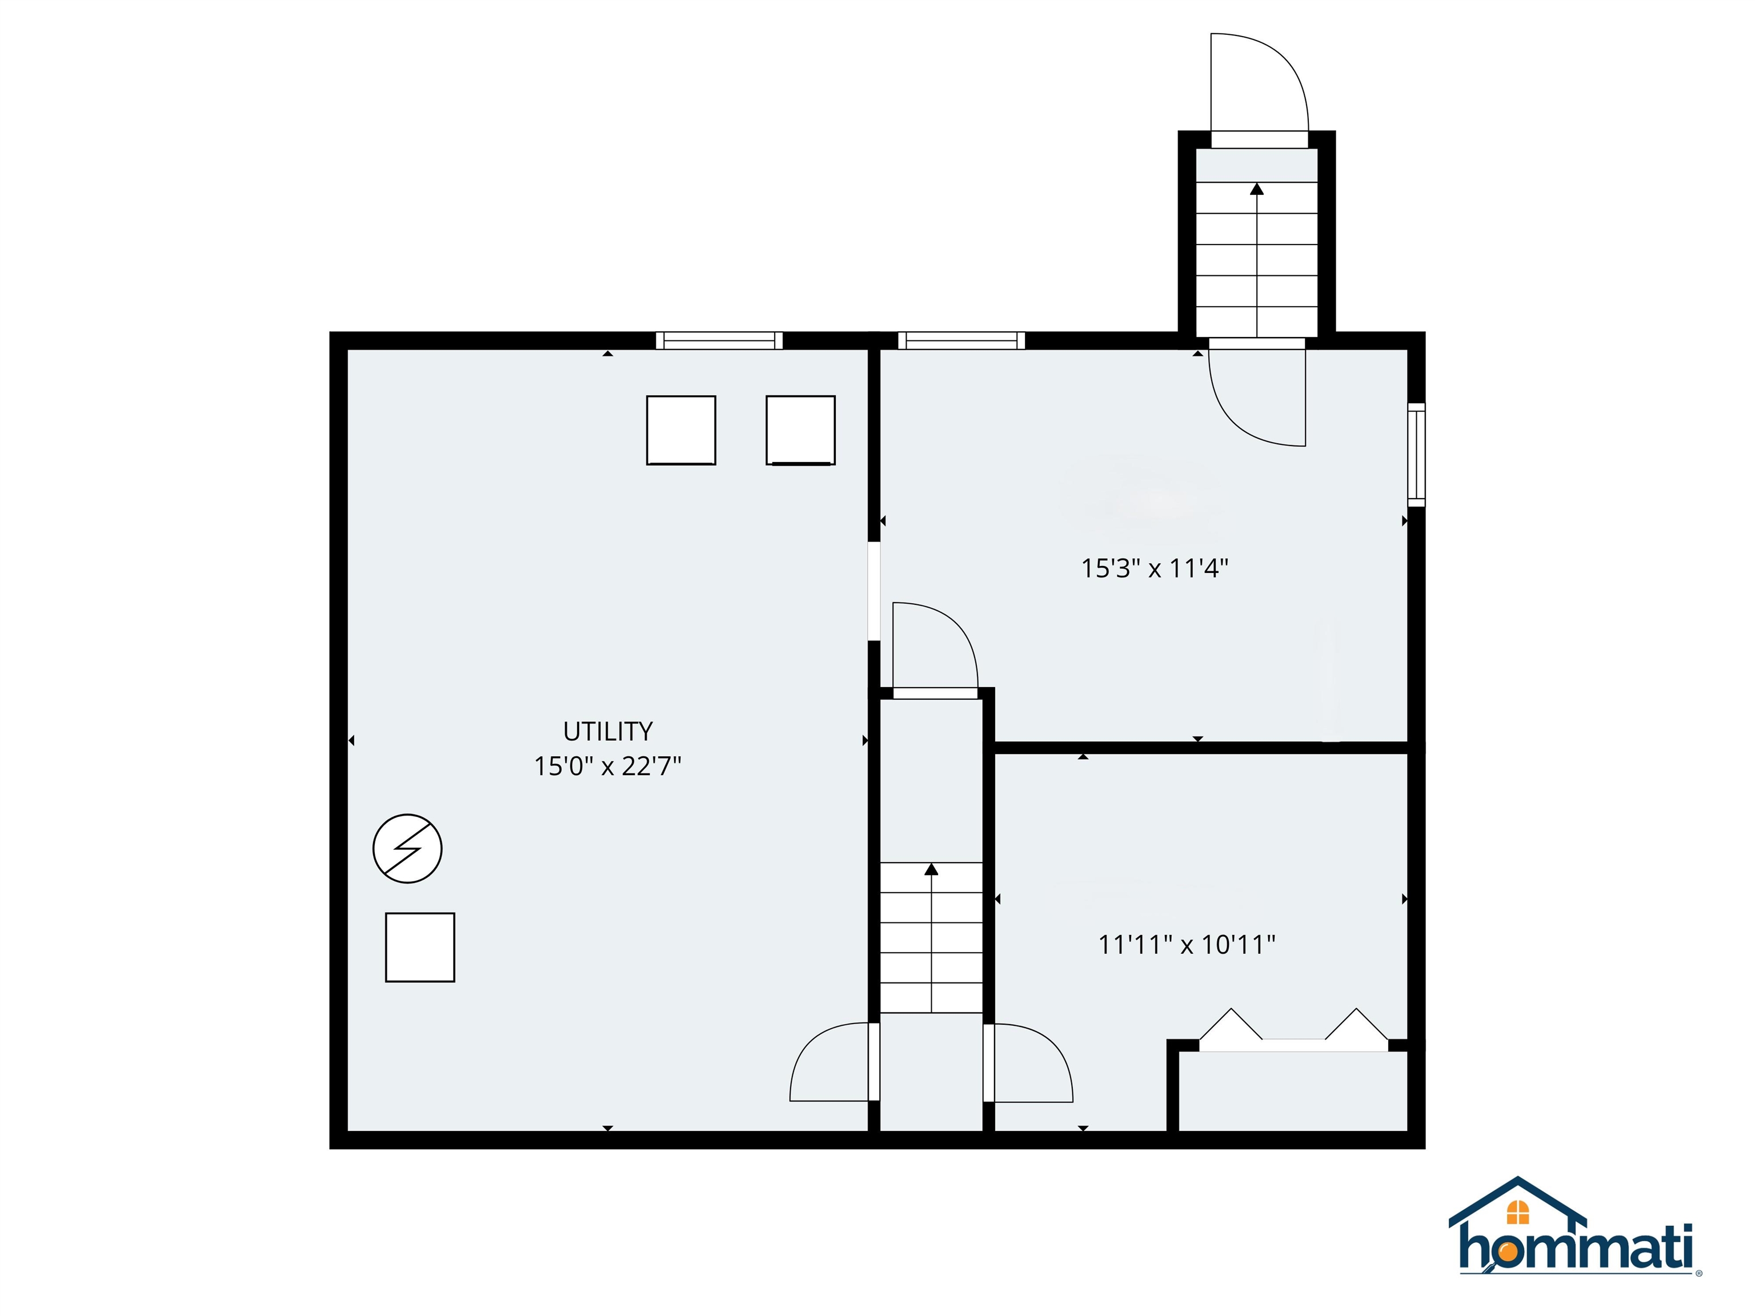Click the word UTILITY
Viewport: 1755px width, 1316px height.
[608, 731]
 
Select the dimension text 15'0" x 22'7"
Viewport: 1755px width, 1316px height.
[608, 767]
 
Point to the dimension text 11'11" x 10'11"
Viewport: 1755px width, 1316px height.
[1186, 945]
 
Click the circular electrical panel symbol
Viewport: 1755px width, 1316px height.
[407, 848]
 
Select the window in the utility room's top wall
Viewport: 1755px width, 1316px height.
[719, 340]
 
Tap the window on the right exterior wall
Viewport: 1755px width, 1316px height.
[1416, 455]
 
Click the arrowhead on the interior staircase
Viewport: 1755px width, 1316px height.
[931, 869]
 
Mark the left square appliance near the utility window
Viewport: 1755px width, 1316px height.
[681, 430]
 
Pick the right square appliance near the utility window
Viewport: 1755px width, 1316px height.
[800, 430]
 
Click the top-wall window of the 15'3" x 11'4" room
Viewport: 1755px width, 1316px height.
[961, 340]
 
